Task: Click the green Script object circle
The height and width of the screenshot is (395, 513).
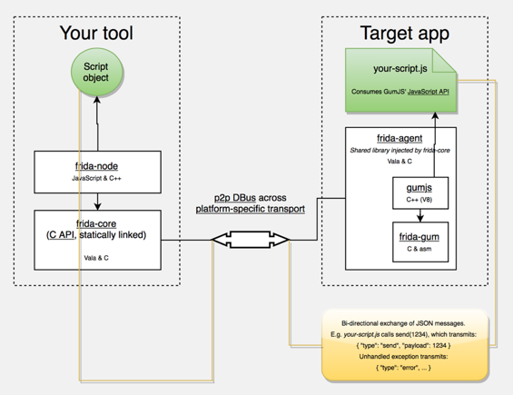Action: pos(97,72)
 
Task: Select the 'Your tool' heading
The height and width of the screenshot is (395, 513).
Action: pos(96,33)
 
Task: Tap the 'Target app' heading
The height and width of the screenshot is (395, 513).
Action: pos(405,34)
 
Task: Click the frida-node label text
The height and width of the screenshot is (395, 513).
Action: pos(96,166)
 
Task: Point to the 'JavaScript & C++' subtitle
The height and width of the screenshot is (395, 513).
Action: pos(96,178)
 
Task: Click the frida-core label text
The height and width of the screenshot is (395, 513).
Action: pos(96,224)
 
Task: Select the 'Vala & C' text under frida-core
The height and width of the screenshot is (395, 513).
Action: pos(96,258)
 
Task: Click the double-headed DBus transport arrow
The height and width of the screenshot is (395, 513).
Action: pos(251,240)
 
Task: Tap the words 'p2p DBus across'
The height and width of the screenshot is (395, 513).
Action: pos(251,198)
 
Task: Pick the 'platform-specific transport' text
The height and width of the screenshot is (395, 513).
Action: pos(251,209)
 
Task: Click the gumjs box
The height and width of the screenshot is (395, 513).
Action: pos(420,193)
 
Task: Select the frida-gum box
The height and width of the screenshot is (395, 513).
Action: pos(420,242)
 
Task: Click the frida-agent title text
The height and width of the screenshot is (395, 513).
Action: pos(400,138)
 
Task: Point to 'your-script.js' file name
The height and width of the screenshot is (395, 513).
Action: pos(400,69)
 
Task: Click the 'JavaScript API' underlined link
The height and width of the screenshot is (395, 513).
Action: pos(429,92)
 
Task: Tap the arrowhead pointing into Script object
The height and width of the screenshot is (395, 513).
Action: pos(97,100)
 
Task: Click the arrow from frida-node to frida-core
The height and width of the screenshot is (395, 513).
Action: pos(97,202)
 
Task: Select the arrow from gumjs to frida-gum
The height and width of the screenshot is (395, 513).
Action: pos(420,215)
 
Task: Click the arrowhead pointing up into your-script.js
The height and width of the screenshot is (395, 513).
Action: pos(435,115)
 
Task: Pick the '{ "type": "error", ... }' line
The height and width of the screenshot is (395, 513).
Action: pos(403,368)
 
